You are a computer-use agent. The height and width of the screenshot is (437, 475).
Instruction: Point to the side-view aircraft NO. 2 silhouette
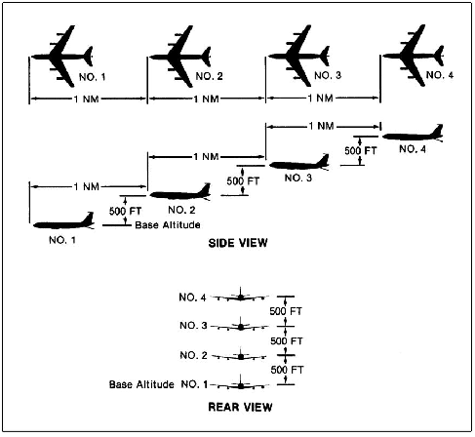coord(178,194)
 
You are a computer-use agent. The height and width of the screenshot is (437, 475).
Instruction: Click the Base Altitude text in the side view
coord(167,224)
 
